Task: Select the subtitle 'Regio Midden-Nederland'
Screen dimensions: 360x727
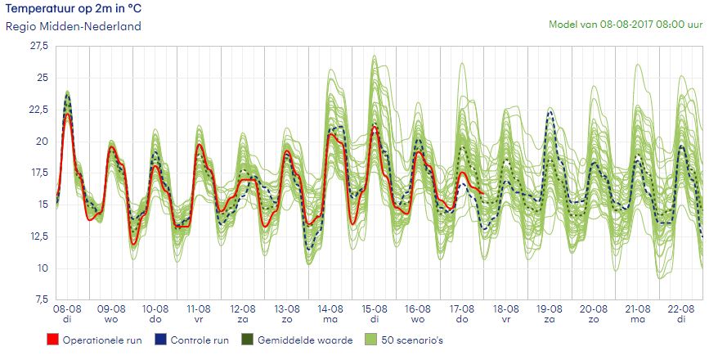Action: pyautogui.click(x=74, y=26)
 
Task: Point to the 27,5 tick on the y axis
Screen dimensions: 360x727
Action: pyautogui.click(x=38, y=47)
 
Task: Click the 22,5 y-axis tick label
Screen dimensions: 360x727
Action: pyautogui.click(x=38, y=110)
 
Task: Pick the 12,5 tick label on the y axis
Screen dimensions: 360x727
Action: pyautogui.click(x=38, y=236)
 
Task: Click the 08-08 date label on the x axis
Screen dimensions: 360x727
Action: pyautogui.click(x=67, y=309)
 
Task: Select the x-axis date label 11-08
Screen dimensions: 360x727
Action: pyautogui.click(x=199, y=309)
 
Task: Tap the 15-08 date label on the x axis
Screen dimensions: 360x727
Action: pyautogui.click(x=375, y=309)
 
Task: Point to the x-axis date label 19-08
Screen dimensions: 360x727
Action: pyautogui.click(x=550, y=309)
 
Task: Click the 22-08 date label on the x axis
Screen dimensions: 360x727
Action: pyautogui.click(x=682, y=309)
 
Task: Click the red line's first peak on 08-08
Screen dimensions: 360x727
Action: pyautogui.click(x=67, y=115)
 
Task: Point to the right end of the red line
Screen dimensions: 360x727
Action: pyautogui.click(x=484, y=193)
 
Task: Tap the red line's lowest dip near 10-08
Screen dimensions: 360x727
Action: pyautogui.click(x=133, y=243)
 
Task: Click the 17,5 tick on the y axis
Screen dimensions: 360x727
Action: pyautogui.click(x=38, y=173)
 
